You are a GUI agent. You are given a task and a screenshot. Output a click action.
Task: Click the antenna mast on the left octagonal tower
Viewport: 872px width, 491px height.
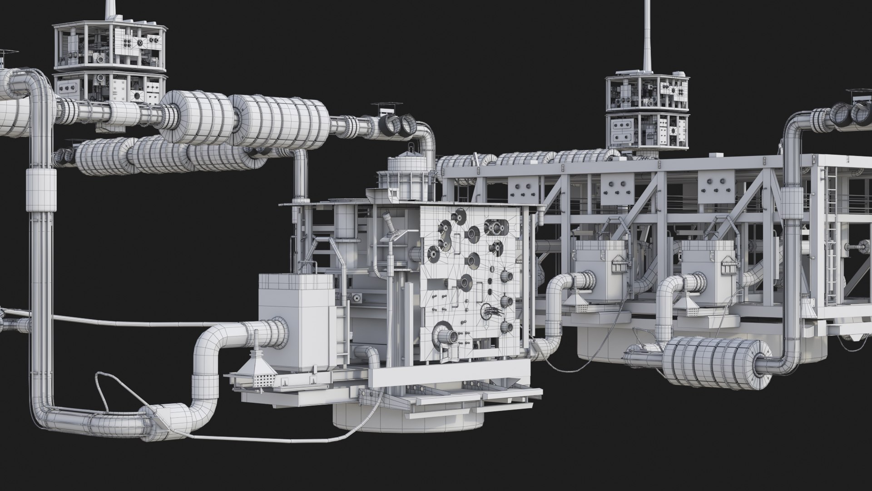pos(110,9)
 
